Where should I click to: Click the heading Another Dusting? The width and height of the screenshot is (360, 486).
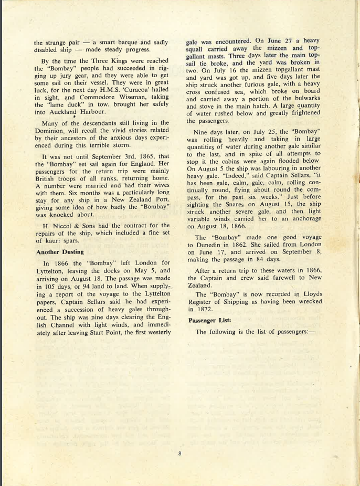click(60, 252)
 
